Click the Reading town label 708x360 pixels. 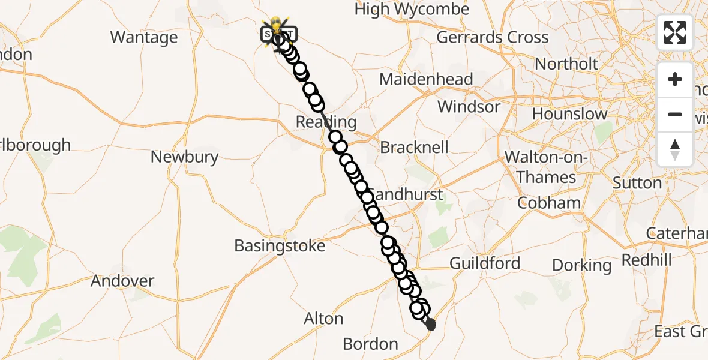click(326, 122)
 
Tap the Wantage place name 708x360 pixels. click(144, 37)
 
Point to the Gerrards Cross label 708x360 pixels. click(492, 37)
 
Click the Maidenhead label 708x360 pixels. click(426, 79)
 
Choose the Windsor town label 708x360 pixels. click(469, 107)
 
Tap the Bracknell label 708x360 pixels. click(415, 147)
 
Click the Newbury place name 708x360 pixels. click(184, 157)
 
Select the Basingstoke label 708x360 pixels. click(280, 245)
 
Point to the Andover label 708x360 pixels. click(122, 281)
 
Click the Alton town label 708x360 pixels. click(323, 319)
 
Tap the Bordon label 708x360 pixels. click(370, 344)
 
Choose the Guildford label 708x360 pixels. click(485, 263)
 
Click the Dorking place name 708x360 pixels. click(581, 265)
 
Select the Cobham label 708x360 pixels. click(549, 203)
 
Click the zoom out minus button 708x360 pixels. click(675, 114)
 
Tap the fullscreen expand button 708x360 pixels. click(675, 32)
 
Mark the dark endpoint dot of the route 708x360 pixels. click(430, 325)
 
